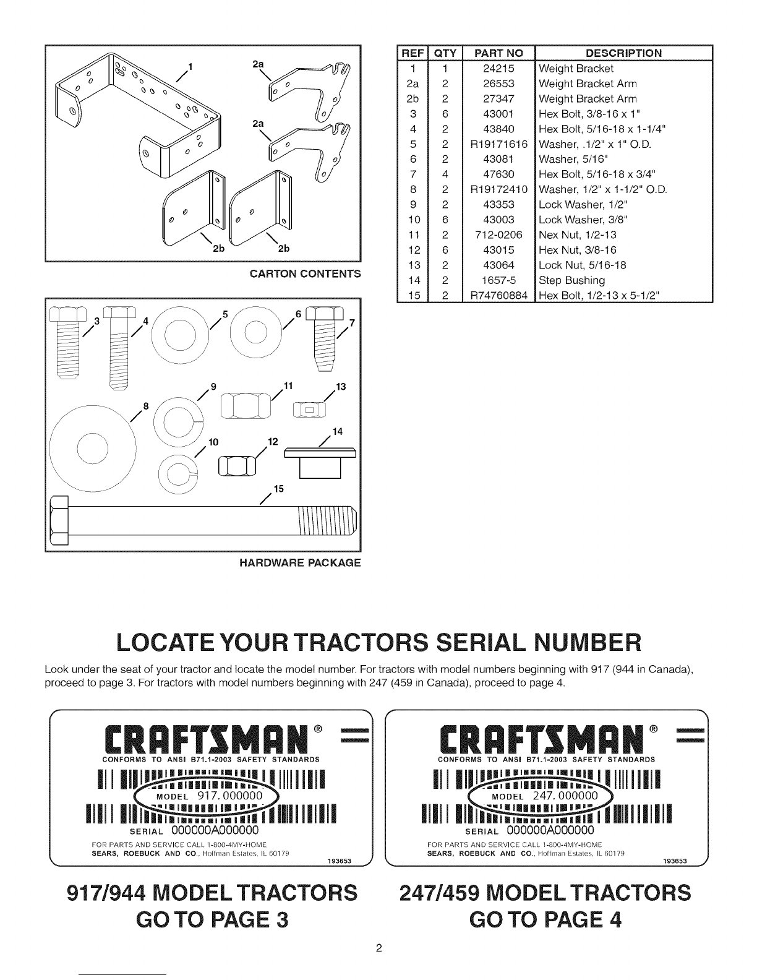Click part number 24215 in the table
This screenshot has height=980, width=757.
[x=498, y=69]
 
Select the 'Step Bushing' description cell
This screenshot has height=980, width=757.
[x=571, y=280]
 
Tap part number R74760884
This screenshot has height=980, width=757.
[x=498, y=296]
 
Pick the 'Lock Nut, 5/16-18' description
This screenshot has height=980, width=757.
[x=583, y=265]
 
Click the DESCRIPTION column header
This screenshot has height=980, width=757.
[x=623, y=53]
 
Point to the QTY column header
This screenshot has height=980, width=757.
[x=445, y=53]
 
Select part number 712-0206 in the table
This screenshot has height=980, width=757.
[x=498, y=235]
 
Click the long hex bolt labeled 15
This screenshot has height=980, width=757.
[x=203, y=520]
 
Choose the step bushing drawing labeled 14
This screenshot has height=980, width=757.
[x=320, y=463]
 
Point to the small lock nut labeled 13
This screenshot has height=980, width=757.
[x=309, y=410]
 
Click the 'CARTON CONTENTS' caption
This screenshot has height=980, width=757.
[x=306, y=273]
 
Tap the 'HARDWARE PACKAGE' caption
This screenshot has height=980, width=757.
[x=300, y=563]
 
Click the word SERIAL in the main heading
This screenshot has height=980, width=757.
[x=481, y=642]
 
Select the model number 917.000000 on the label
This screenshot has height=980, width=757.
[x=230, y=796]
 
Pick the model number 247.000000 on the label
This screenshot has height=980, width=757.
[x=565, y=796]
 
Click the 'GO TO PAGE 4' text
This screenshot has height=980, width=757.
[x=545, y=919]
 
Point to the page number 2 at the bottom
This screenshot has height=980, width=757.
[x=378, y=948]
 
